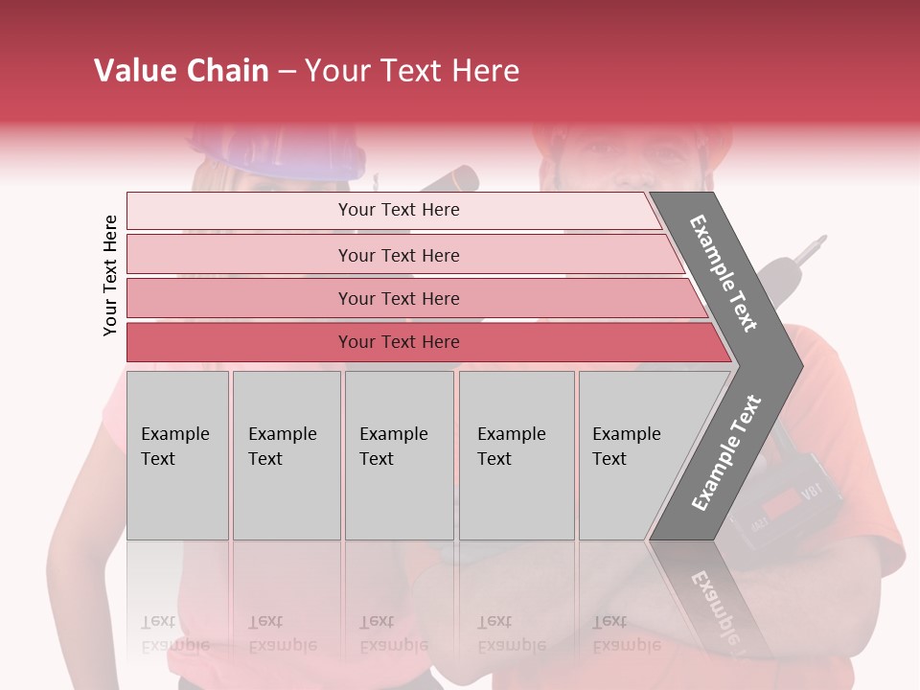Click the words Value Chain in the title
(181, 71)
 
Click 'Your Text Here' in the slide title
(412, 71)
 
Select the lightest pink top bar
(398, 210)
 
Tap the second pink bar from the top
(398, 255)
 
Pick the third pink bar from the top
(398, 298)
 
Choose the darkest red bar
(398, 342)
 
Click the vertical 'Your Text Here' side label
(110, 275)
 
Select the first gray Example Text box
(177, 455)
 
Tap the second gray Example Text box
(287, 455)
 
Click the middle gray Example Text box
(399, 455)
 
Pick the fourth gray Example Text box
(517, 455)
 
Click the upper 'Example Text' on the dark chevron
(724, 273)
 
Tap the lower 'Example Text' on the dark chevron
(726, 452)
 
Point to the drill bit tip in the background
(820, 238)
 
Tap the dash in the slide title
(287, 72)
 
